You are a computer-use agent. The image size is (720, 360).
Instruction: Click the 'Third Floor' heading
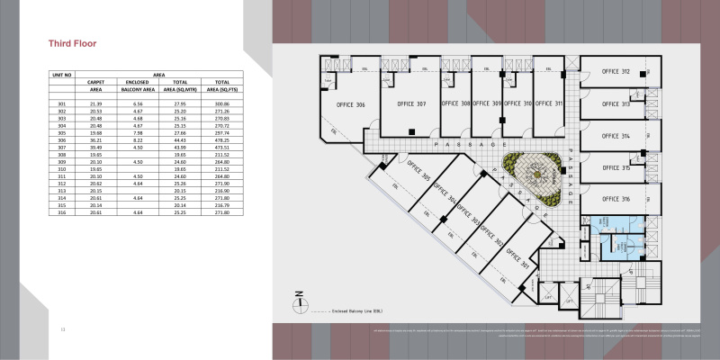tap(72, 43)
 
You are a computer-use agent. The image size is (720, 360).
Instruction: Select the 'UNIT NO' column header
tap(62, 75)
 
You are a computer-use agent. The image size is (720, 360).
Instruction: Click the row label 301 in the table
tap(62, 104)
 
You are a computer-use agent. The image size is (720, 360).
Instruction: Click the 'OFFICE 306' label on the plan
tap(350, 105)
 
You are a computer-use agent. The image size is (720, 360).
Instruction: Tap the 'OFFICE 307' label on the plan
tap(409, 103)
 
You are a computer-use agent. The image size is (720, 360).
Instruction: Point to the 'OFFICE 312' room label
tap(615, 71)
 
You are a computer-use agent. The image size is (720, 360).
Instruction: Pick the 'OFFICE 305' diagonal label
tap(419, 177)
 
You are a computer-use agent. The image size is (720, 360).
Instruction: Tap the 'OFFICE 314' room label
tap(615, 136)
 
